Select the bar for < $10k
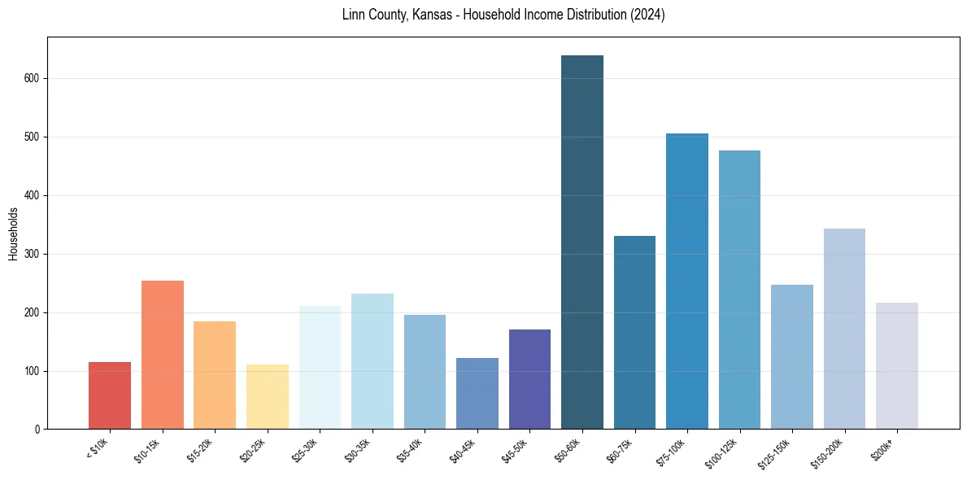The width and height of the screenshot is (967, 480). click(x=110, y=395)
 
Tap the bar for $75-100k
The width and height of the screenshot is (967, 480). click(x=686, y=281)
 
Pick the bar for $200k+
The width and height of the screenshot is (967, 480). click(x=896, y=365)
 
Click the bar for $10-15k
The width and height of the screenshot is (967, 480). click(x=162, y=355)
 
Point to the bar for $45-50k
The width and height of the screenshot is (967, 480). click(x=529, y=379)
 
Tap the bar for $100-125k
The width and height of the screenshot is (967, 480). click(x=739, y=290)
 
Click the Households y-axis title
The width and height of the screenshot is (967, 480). click(x=13, y=233)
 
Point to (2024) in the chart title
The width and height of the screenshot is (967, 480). click(x=647, y=15)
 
